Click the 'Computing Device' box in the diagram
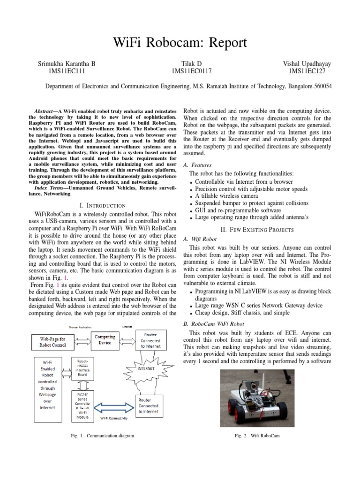click(x=105, y=340)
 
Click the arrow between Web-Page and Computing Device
click(x=83, y=340)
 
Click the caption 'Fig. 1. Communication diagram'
click(x=102, y=436)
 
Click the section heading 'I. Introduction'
click(x=103, y=205)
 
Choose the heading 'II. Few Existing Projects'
click(x=257, y=230)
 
